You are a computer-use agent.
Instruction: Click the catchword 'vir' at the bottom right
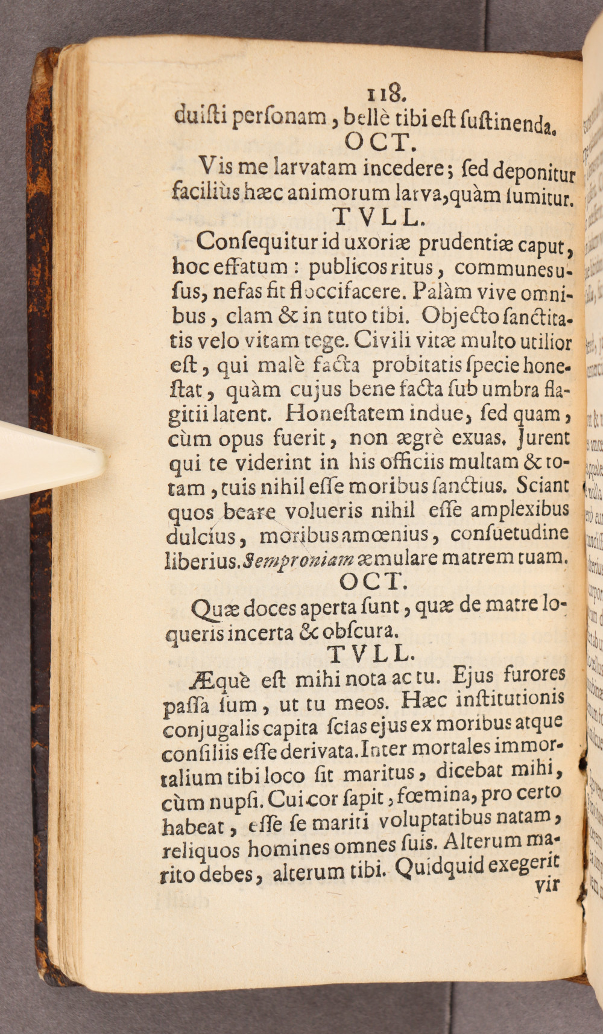547,884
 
